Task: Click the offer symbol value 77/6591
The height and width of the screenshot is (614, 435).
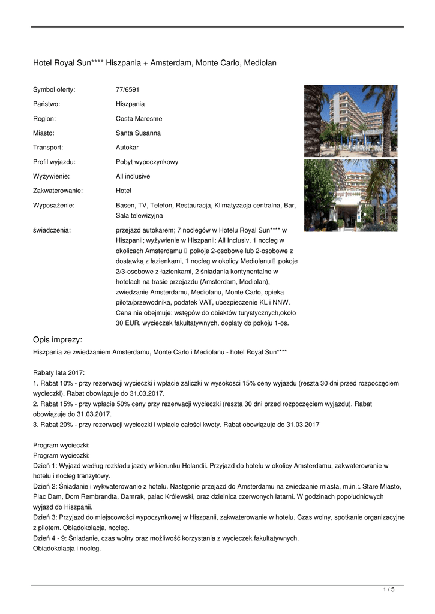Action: pos(127,89)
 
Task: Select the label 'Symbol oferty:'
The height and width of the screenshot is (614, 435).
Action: pos(54,89)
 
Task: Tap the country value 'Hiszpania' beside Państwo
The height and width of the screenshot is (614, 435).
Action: pos(130,104)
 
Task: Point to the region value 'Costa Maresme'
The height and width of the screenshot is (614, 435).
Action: pos(139,119)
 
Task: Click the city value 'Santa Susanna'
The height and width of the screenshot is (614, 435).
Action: pos(138,133)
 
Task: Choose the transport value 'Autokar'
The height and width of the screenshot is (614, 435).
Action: pos(127,148)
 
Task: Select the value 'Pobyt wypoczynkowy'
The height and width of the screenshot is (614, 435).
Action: pos(147,162)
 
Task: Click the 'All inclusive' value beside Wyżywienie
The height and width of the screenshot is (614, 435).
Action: pos(133,176)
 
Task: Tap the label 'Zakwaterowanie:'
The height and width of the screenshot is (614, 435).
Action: pos(58,191)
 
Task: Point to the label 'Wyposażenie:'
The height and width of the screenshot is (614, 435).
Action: pos(53,206)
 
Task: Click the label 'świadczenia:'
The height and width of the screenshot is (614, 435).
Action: pos(52,230)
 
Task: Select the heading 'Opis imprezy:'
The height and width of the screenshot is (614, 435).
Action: pos(58,339)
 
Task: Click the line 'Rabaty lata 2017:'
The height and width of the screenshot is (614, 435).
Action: pos(59,372)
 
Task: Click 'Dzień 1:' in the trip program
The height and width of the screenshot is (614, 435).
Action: pos(45,466)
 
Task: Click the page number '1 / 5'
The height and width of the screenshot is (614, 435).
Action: pos(389,590)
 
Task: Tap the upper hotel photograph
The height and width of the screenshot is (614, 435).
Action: pos(350,121)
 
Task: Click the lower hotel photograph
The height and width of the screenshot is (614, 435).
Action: pos(350,195)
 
